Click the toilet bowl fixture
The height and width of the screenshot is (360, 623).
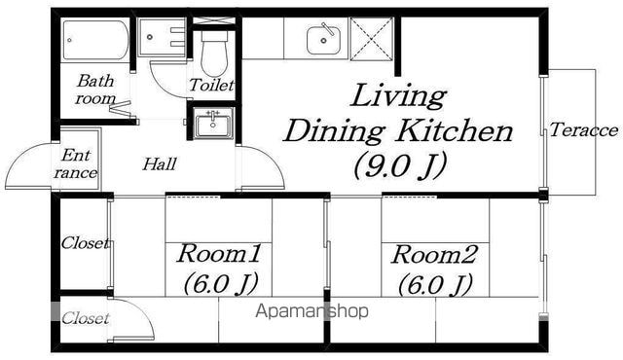pyautogui.click(x=214, y=53)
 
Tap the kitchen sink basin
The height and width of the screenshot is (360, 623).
pyautogui.click(x=324, y=39)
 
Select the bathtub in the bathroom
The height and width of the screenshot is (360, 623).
pyautogui.click(x=95, y=40)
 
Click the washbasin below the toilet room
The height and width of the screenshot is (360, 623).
pyautogui.click(x=213, y=123)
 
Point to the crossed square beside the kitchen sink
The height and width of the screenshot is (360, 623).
pyautogui.click(x=372, y=39)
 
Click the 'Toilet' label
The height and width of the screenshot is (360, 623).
pyautogui.click(x=211, y=85)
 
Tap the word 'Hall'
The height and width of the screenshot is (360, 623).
pyautogui.click(x=160, y=163)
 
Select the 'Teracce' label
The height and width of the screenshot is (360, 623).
pyautogui.click(x=584, y=129)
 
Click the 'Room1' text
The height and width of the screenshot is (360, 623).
pyautogui.click(x=219, y=254)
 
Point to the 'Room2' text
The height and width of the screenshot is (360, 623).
pyautogui.click(x=434, y=254)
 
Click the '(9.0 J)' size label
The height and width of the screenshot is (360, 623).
pyautogui.click(x=400, y=164)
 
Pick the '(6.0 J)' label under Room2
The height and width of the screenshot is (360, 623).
pyautogui.click(x=435, y=284)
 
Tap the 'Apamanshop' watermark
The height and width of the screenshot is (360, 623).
pyautogui.click(x=311, y=311)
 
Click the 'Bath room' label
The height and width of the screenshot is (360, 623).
pyautogui.click(x=95, y=90)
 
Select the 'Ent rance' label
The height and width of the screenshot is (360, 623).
pyautogui.click(x=76, y=163)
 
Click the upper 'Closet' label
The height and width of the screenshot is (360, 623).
pyautogui.click(x=85, y=243)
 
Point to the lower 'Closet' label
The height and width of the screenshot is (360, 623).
pyautogui.click(x=85, y=318)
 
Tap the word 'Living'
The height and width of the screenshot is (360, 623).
pyautogui.click(x=398, y=96)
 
